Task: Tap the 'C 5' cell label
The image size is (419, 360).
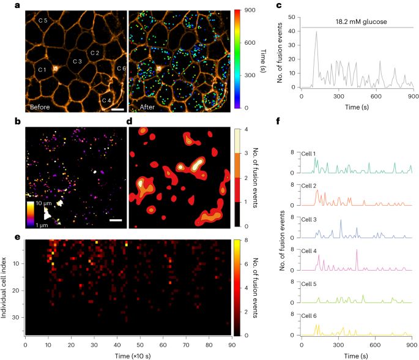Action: point(43,21)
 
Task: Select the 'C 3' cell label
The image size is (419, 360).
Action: point(76,61)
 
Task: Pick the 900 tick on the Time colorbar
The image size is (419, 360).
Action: point(249,11)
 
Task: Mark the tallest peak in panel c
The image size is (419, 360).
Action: point(316,32)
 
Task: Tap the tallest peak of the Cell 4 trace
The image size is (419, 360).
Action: point(357,250)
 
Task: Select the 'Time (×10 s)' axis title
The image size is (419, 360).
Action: point(128,355)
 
